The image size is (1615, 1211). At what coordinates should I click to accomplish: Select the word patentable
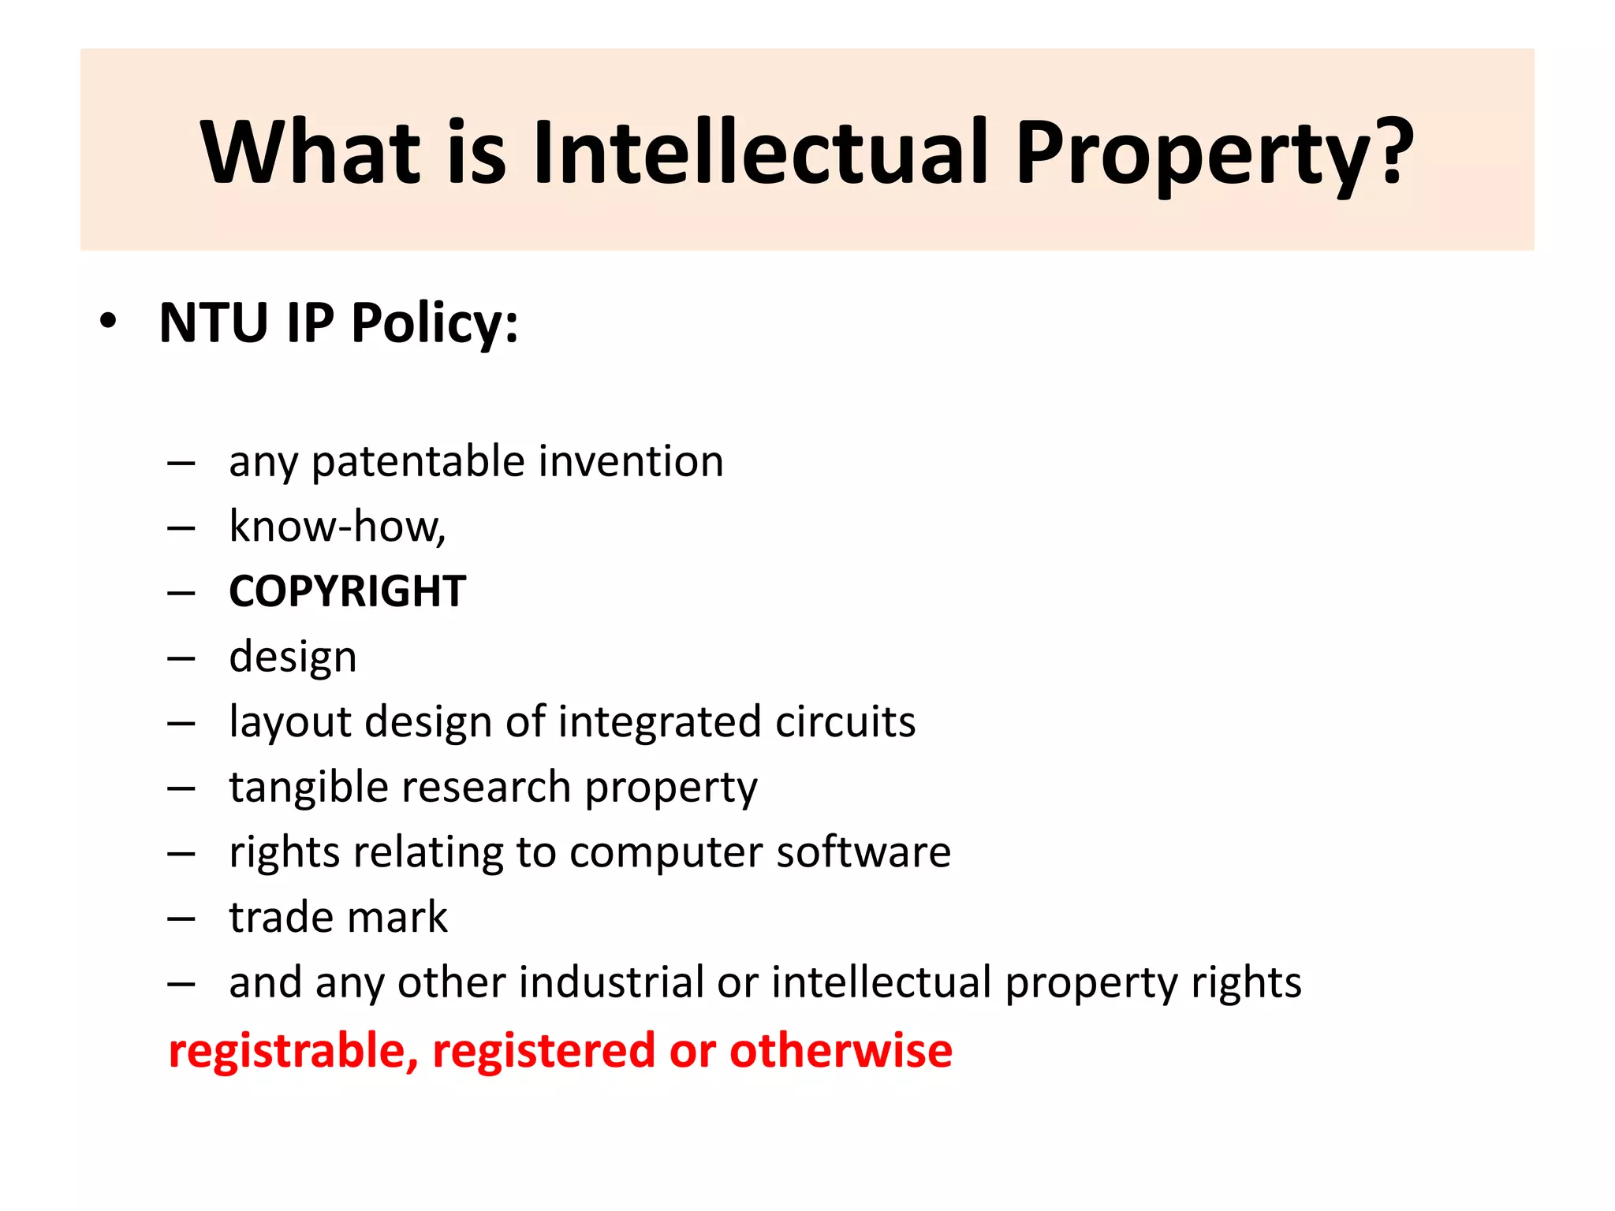(x=418, y=461)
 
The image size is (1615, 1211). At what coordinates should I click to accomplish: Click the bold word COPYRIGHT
(x=347, y=591)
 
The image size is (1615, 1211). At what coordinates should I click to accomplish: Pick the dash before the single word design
(x=181, y=658)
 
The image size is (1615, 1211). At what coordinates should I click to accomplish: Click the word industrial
(x=610, y=983)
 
